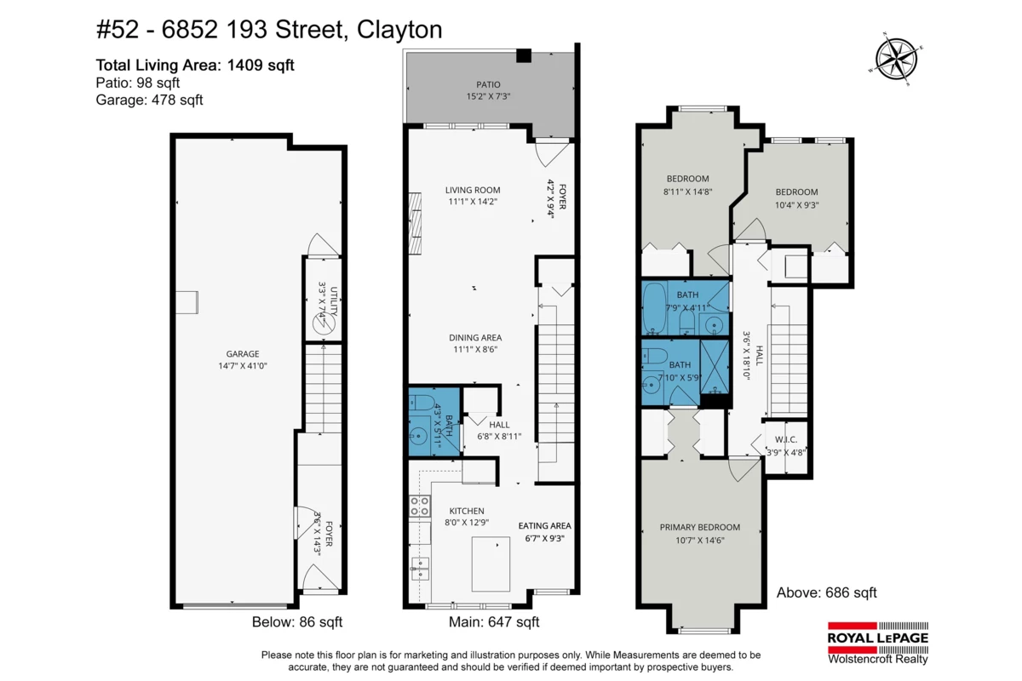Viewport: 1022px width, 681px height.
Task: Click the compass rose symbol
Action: (x=896, y=60)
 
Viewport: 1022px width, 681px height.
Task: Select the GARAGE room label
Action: (x=242, y=354)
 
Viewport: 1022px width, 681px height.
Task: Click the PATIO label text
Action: (x=488, y=85)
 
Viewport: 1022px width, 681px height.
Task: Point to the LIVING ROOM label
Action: (x=473, y=190)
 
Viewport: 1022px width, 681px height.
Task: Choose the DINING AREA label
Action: (x=475, y=338)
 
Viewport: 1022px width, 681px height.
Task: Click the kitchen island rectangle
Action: (x=491, y=564)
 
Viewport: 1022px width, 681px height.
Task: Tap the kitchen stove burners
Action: (x=419, y=506)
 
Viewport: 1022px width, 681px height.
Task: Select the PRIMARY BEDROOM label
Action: (x=700, y=527)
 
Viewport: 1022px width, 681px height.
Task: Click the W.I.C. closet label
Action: (x=785, y=440)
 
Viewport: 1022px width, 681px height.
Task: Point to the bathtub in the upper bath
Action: (x=654, y=308)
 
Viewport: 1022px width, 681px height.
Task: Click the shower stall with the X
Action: (x=715, y=367)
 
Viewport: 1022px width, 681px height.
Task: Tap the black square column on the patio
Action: (x=524, y=55)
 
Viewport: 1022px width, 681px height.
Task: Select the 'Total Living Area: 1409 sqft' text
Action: (x=195, y=66)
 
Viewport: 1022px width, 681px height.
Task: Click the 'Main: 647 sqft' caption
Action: (x=494, y=621)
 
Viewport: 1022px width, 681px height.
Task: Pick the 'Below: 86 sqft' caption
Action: (x=297, y=621)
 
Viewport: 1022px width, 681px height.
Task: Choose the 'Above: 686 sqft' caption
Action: (x=827, y=592)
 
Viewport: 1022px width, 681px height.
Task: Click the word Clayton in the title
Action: (x=399, y=31)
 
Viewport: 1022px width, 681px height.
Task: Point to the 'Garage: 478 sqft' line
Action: (x=149, y=100)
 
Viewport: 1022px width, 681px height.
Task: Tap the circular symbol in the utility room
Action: (x=324, y=324)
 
